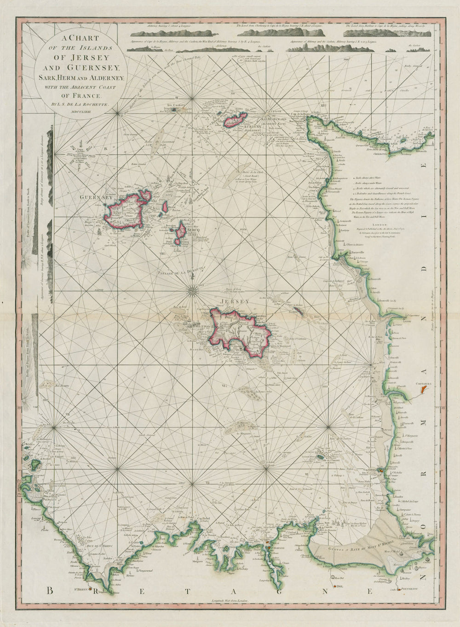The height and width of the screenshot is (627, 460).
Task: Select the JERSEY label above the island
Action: pos(235,302)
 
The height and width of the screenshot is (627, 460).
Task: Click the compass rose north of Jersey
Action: pos(194,289)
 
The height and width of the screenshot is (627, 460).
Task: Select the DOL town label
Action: pos(339,588)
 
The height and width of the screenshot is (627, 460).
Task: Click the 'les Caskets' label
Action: pos(176,105)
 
